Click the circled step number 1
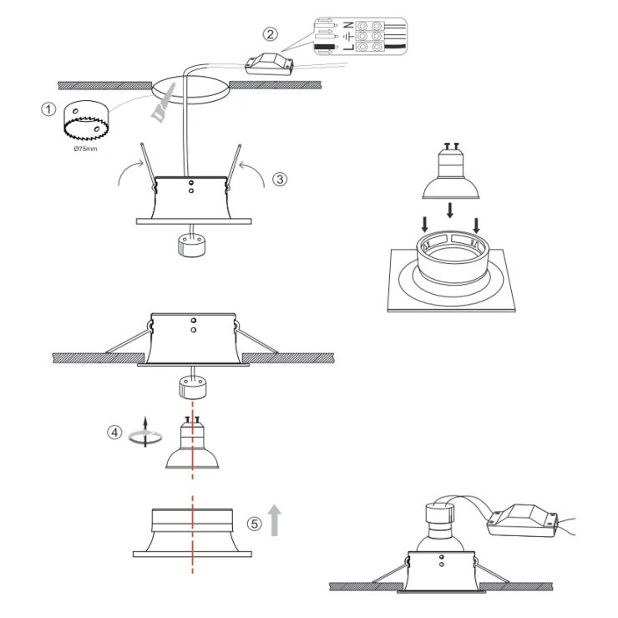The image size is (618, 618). pyautogui.click(x=48, y=109)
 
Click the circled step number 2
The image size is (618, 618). pyautogui.click(x=270, y=34)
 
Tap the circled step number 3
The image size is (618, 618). pyautogui.click(x=280, y=180)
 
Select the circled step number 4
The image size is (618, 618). pyautogui.click(x=114, y=433)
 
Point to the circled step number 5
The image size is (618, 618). pyautogui.click(x=255, y=524)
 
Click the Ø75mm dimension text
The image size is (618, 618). pyautogui.click(x=85, y=149)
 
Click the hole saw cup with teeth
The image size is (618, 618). pyautogui.click(x=86, y=120)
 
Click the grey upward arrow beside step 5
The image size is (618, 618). pyautogui.click(x=275, y=520)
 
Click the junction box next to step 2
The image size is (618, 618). pyautogui.click(x=269, y=63)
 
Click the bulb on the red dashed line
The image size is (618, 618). pyautogui.click(x=192, y=443)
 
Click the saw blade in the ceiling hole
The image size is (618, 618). pyautogui.click(x=164, y=104)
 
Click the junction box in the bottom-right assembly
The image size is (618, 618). pyautogui.click(x=522, y=519)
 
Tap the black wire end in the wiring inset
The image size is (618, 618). pyautogui.click(x=326, y=48)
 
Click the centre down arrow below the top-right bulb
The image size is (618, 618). pyautogui.click(x=449, y=210)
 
